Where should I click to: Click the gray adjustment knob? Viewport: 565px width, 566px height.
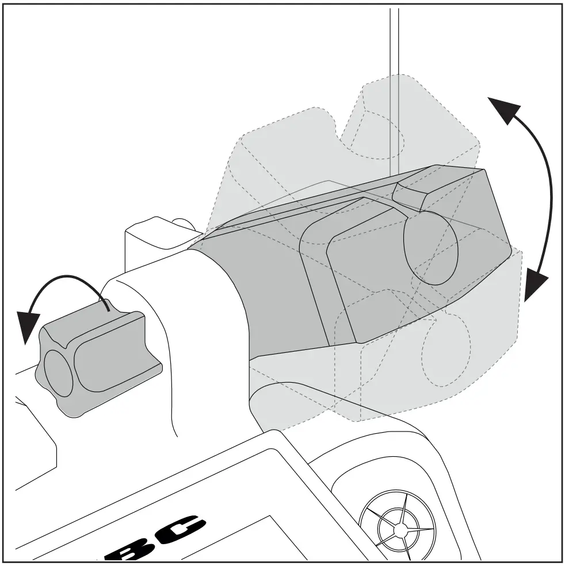[98, 362]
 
